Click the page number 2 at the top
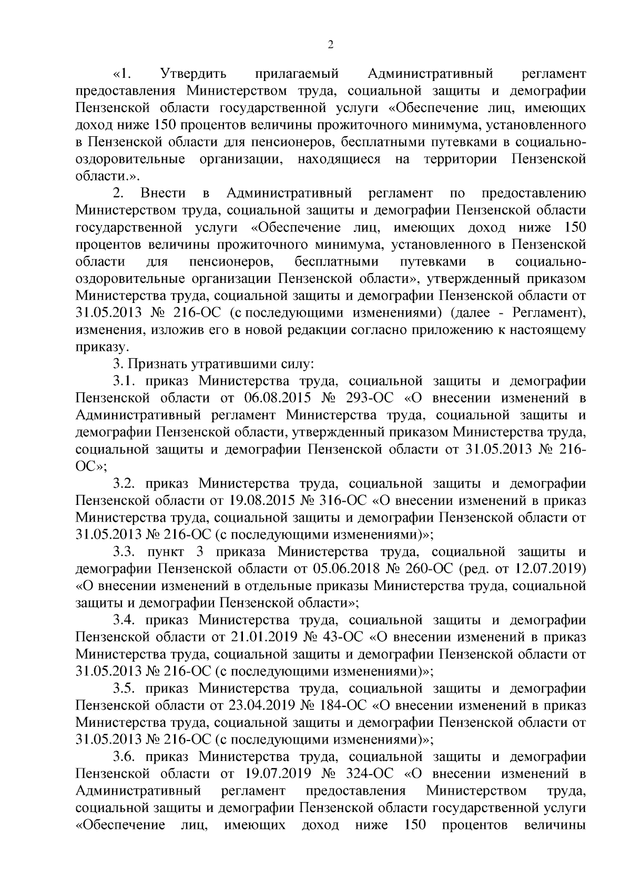pyautogui.click(x=330, y=46)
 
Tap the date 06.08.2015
pyautogui.click(x=279, y=398)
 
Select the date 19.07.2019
pyautogui.click(x=279, y=774)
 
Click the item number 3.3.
pyautogui.click(x=125, y=552)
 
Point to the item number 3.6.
pyautogui.click(x=125, y=757)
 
